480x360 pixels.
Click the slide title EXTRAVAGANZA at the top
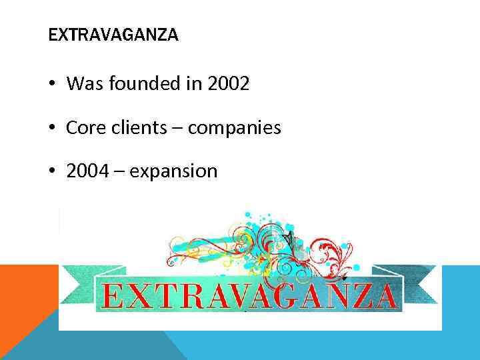(x=113, y=35)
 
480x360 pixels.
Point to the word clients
(x=139, y=127)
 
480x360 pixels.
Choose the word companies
(x=234, y=128)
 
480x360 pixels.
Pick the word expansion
(x=174, y=172)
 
